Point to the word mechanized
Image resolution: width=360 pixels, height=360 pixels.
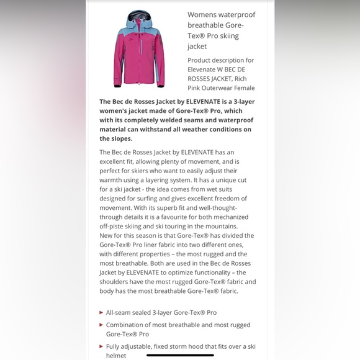228,217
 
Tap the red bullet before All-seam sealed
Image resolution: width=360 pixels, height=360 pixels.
101,313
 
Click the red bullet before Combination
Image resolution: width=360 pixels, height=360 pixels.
101,325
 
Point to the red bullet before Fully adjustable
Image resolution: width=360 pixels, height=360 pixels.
101,346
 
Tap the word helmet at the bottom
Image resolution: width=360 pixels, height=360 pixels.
116,356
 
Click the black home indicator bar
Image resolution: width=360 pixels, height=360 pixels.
180,356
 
